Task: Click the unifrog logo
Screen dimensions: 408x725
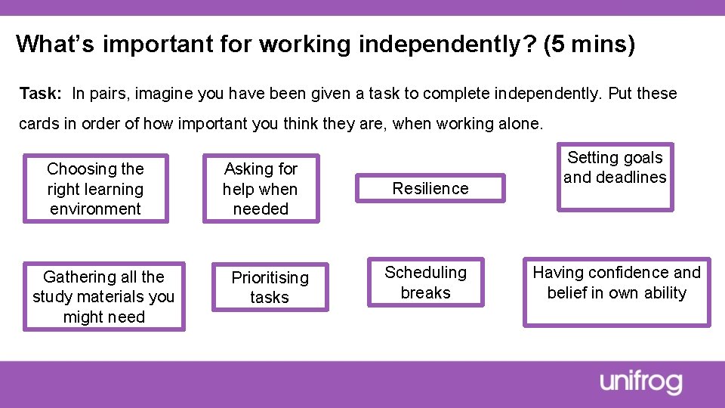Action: [641, 382]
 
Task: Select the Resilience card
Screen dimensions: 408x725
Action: [430, 189]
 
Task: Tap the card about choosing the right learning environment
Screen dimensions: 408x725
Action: [95, 189]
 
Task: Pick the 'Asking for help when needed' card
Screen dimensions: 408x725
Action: [261, 189]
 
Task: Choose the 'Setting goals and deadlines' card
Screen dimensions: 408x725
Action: [615, 177]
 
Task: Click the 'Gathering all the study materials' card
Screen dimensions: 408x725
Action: [103, 297]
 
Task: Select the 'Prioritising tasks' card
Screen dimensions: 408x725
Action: [270, 287]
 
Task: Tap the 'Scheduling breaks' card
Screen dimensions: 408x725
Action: [425, 283]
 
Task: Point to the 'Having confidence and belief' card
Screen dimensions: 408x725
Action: [616, 291]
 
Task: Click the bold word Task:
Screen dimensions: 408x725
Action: [41, 94]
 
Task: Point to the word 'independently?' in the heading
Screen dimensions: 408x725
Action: [446, 44]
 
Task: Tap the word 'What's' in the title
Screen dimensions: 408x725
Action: [55, 44]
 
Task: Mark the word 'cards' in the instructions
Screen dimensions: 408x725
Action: [38, 124]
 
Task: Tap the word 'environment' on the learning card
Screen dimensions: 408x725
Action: [95, 209]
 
